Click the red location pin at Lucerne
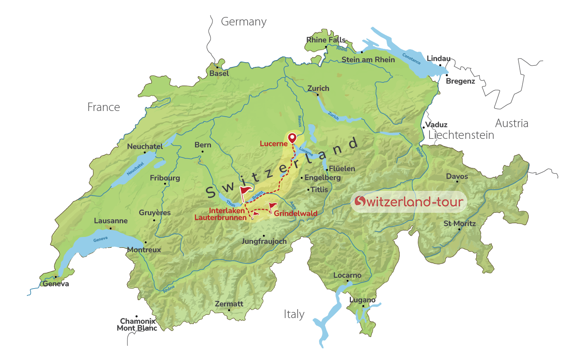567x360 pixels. coord(292,138)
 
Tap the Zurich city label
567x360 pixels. coord(318,88)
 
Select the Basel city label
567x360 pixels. coord(219,73)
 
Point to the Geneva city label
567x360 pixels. coord(56,284)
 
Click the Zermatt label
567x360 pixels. coord(229,304)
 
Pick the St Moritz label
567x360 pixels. coord(459,224)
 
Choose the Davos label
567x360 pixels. coord(457,176)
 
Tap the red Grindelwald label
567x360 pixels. coord(296,213)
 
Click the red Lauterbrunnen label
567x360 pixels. coord(220,218)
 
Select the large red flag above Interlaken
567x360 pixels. coord(245,190)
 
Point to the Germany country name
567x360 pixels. coord(244,22)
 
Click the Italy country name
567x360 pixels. coord(294,314)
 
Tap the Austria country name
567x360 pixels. coord(511,123)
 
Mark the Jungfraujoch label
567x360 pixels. coord(264,241)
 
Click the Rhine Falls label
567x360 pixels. coord(326,40)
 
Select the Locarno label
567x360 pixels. coord(347,275)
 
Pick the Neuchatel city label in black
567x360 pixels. coord(145,147)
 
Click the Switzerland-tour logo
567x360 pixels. coord(409,201)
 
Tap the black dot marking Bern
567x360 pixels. coord(202,152)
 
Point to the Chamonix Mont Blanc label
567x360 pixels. coord(137,324)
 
